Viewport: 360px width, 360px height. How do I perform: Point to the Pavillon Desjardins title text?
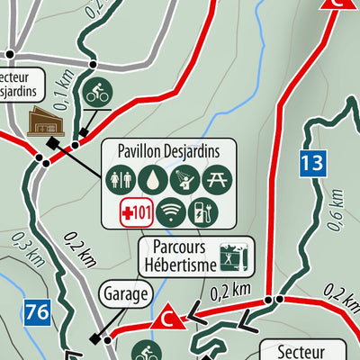(x=167, y=149)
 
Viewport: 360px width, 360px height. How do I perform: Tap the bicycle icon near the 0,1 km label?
(x=95, y=93)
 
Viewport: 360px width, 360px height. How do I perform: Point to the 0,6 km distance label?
(x=336, y=215)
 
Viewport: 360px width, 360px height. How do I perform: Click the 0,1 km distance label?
(x=60, y=91)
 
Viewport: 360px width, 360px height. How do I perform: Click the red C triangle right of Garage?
(x=166, y=318)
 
